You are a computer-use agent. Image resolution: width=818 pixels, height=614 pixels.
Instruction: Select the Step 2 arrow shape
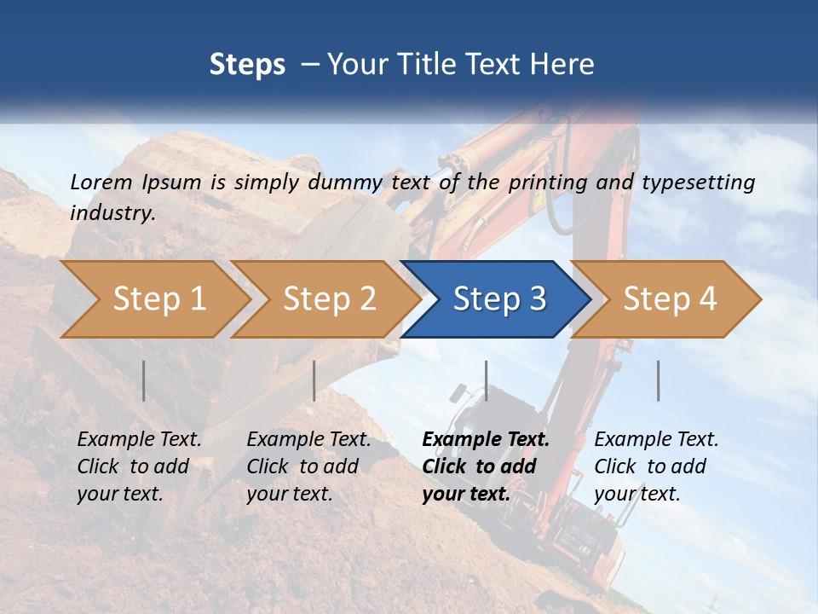[x=329, y=298]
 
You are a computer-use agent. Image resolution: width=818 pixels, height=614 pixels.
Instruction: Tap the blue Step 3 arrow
[x=499, y=298]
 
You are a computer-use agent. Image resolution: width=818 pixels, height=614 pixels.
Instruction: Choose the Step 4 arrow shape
[x=670, y=298]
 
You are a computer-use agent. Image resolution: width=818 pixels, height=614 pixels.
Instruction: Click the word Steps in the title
[x=247, y=65]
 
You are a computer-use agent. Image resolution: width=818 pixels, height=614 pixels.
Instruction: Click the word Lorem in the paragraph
[x=101, y=182]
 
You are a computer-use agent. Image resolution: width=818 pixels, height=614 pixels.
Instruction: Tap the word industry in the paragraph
[x=112, y=213]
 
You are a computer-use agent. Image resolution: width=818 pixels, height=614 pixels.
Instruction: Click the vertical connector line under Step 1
[x=144, y=380]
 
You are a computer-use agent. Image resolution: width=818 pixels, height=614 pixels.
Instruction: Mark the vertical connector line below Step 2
[x=314, y=380]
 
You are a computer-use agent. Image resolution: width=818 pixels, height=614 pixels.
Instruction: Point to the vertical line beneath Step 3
[x=486, y=380]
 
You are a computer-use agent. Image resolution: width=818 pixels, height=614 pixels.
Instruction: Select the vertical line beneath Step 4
[x=658, y=380]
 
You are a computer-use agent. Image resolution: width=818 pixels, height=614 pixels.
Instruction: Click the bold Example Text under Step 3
[x=486, y=440]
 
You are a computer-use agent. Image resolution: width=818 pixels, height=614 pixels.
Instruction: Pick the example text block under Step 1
[x=139, y=466]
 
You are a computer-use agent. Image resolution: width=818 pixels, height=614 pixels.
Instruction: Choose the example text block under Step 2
[x=308, y=466]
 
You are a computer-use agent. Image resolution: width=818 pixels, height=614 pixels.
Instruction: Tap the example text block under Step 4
[x=655, y=466]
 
